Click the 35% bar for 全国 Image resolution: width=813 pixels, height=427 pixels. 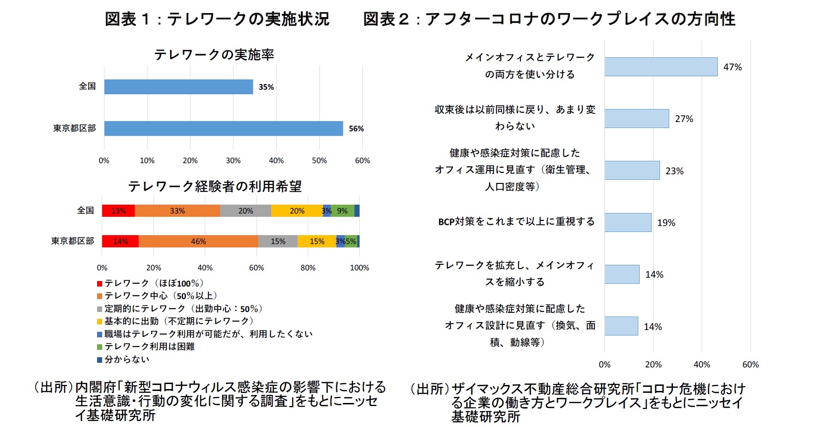pyautogui.click(x=178, y=87)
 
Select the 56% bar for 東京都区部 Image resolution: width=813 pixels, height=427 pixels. pyautogui.click(x=223, y=128)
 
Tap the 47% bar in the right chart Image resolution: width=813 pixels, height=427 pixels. pyautogui.click(x=661, y=67)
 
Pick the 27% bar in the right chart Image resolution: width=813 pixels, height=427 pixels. pyautogui.click(x=636, y=119)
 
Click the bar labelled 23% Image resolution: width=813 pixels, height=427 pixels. pyautogui.click(x=632, y=171)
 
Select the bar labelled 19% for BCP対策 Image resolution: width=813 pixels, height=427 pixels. pyautogui.click(x=628, y=222)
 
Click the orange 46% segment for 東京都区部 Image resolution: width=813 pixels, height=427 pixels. pyautogui.click(x=198, y=241)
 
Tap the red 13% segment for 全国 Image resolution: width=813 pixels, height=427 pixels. pyautogui.click(x=118, y=211)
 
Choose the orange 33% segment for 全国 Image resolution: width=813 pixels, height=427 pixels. pyautogui.click(x=177, y=211)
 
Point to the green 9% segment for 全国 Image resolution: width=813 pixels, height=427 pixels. pyautogui.click(x=342, y=211)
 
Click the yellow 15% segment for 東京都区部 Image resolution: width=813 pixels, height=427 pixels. pyautogui.click(x=317, y=241)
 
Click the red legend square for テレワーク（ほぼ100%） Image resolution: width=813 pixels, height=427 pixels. pyautogui.click(x=99, y=284)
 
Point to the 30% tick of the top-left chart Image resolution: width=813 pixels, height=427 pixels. pyautogui.click(x=233, y=160)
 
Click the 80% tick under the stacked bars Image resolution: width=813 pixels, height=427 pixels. pyautogui.click(x=308, y=268)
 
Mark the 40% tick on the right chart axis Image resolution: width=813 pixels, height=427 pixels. pyautogui.click(x=702, y=365)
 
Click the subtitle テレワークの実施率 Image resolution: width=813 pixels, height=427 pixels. pyautogui.click(x=214, y=55)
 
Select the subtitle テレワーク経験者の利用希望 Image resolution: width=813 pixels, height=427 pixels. pyautogui.click(x=215, y=186)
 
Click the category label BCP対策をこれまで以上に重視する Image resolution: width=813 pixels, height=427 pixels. pyautogui.click(x=516, y=222)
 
